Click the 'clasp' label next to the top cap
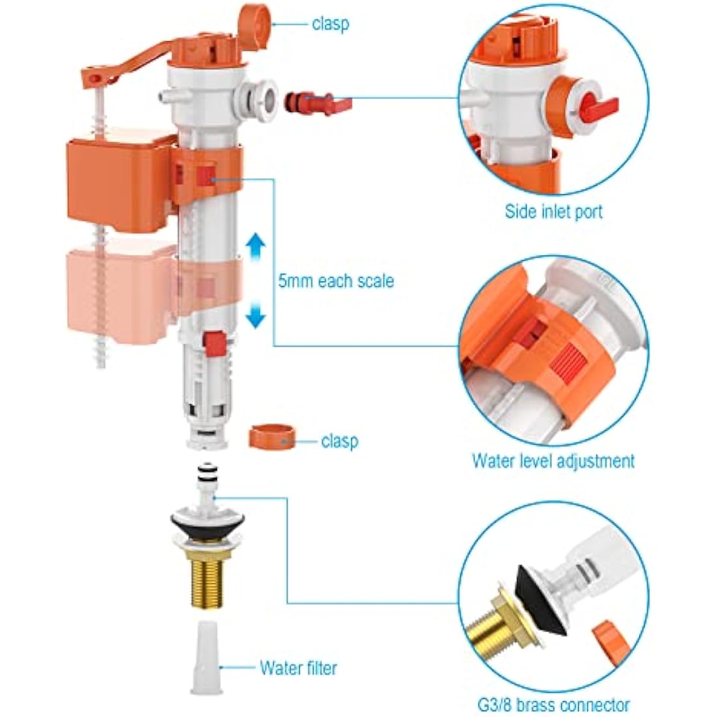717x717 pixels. tap(330, 24)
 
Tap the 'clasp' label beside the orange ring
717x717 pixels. tap(339, 441)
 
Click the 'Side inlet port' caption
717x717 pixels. tap(553, 212)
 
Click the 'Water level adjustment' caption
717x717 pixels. tap(553, 461)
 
